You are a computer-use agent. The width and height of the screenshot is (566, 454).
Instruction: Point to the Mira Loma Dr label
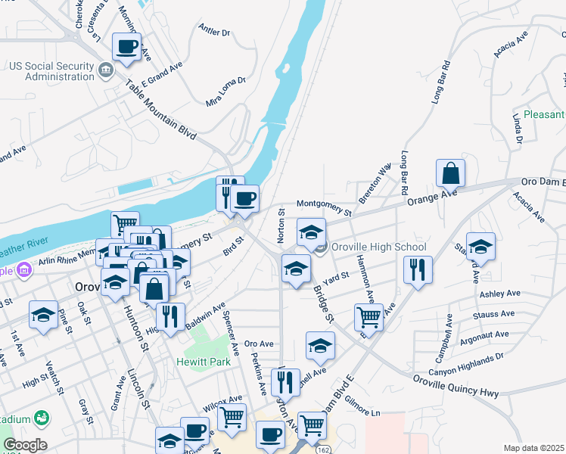click(x=226, y=91)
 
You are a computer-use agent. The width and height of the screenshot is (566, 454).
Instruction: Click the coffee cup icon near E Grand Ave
click(x=126, y=47)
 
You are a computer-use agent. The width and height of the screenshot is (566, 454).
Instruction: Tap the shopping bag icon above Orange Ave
click(x=450, y=173)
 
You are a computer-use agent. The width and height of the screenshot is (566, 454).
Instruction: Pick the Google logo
click(x=25, y=445)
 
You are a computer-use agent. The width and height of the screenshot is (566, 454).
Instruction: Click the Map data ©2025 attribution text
click(x=533, y=448)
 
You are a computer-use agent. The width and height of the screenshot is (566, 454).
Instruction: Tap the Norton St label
click(x=279, y=225)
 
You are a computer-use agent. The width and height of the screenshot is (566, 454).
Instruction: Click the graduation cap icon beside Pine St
click(x=42, y=315)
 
